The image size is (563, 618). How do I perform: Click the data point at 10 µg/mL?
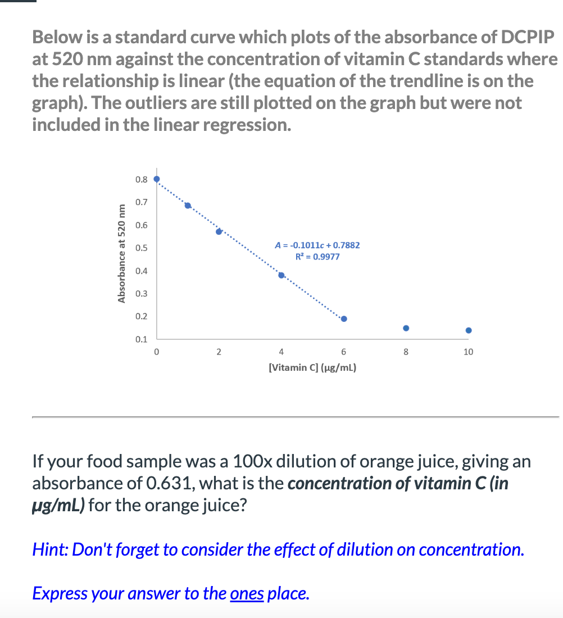click(x=469, y=330)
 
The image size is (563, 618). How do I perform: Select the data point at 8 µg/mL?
click(x=406, y=328)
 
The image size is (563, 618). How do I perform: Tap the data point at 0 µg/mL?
click(x=157, y=179)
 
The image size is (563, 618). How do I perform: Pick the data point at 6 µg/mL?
click(x=344, y=319)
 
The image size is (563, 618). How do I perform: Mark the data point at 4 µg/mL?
click(x=281, y=275)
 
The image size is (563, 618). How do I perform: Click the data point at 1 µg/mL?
click(x=188, y=205)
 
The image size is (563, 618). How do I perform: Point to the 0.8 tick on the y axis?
click(x=142, y=180)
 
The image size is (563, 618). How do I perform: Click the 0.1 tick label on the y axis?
click(x=142, y=339)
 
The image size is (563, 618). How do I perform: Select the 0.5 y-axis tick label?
click(x=142, y=248)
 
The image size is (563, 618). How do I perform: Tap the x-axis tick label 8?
click(x=406, y=352)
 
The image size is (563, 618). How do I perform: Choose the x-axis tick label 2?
click(x=219, y=352)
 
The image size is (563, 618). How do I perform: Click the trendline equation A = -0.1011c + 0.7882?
click(x=317, y=245)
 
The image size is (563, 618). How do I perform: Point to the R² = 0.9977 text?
click(x=317, y=257)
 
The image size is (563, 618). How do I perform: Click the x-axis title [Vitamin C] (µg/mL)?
click(x=313, y=368)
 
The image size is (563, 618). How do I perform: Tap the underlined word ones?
click(x=247, y=593)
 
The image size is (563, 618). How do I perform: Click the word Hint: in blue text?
click(x=51, y=549)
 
